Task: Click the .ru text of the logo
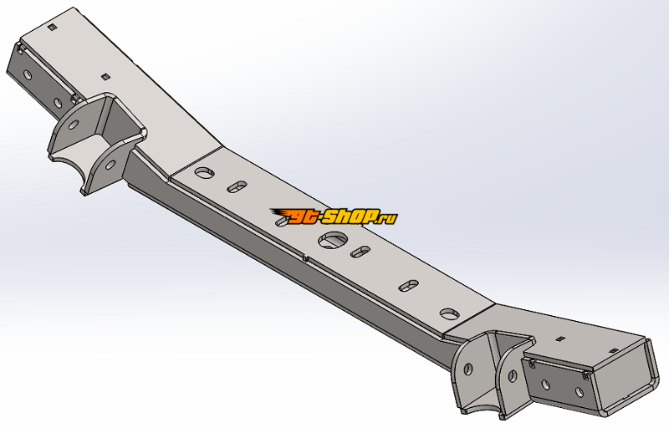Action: [386, 218]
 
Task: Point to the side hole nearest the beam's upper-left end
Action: [28, 74]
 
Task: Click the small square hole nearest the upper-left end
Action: [52, 29]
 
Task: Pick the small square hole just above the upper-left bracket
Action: [105, 76]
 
